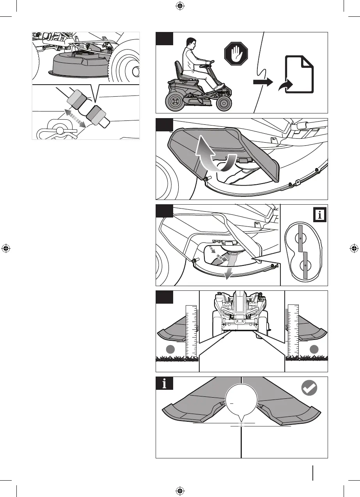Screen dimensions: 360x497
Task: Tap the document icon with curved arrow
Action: (x=299, y=74)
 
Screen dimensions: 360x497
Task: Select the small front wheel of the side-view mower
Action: (x=224, y=103)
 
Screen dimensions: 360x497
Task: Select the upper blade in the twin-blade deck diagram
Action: (x=301, y=238)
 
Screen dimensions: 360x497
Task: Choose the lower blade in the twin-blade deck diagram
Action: (x=305, y=265)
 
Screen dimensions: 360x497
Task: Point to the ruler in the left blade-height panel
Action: (x=191, y=332)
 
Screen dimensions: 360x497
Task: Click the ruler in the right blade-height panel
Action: (x=293, y=332)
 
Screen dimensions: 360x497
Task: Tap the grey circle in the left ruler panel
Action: (x=170, y=349)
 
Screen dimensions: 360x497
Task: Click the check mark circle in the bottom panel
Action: (x=310, y=388)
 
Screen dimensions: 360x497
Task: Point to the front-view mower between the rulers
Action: (x=242, y=312)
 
